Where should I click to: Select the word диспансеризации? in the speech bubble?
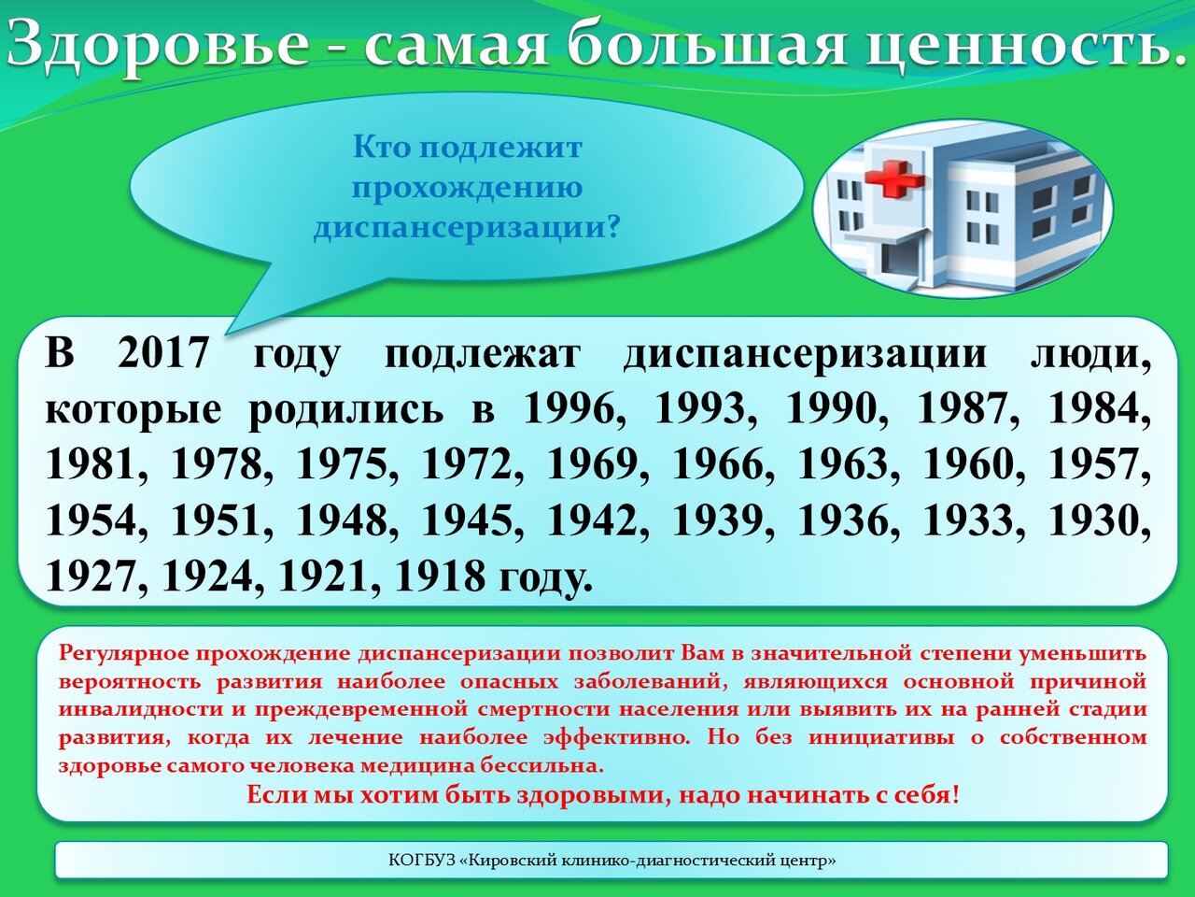[467, 225]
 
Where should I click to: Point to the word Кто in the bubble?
[379, 148]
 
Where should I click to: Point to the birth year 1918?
[440, 576]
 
